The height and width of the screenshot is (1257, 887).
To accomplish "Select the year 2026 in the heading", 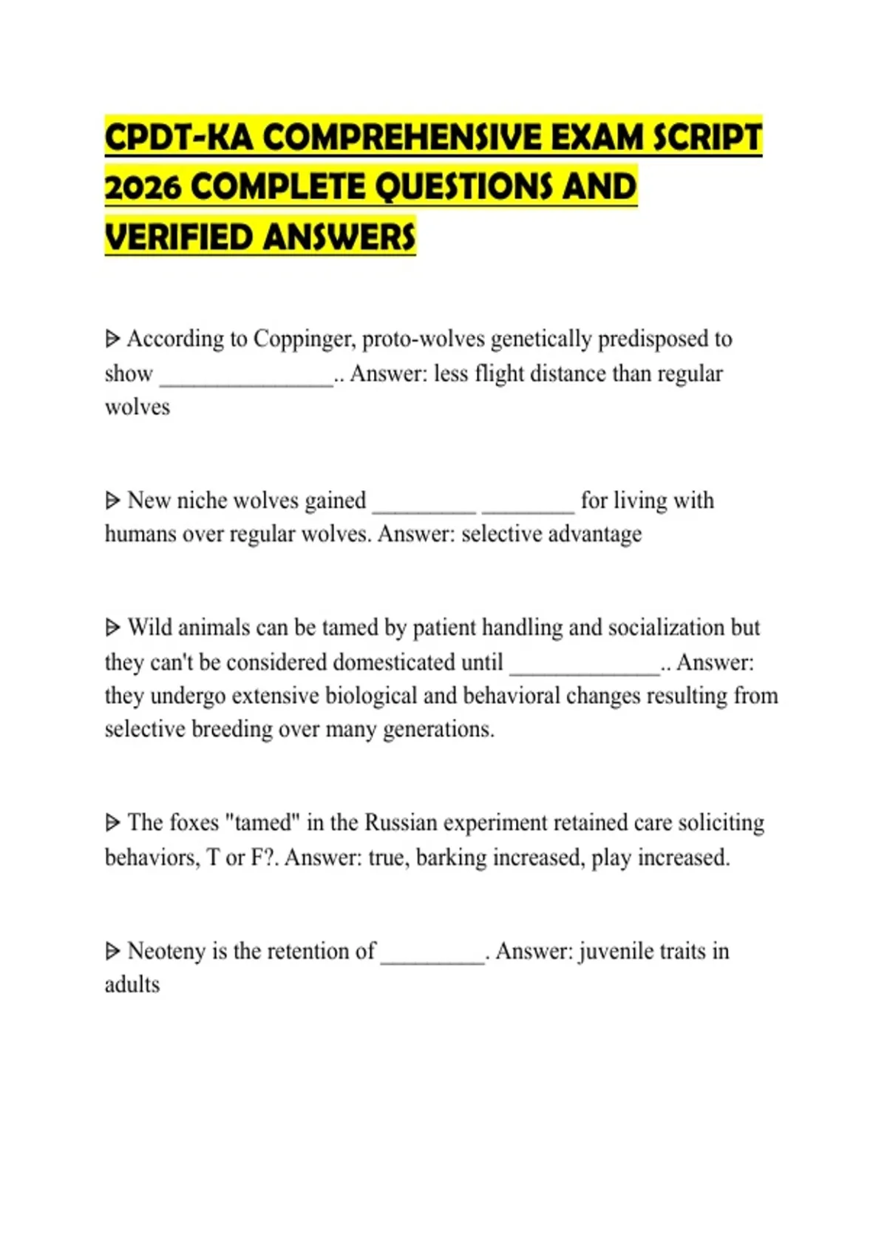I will point(143,187).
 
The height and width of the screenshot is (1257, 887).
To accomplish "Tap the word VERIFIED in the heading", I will point(178,237).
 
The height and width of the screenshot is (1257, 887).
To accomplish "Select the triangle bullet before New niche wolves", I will point(112,501).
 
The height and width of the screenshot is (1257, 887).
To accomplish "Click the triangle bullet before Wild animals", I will point(112,628).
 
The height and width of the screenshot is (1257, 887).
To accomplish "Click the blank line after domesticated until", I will point(584,670).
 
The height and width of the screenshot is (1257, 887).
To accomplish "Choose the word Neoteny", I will point(166,951).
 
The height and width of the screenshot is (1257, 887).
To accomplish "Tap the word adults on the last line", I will point(132,985).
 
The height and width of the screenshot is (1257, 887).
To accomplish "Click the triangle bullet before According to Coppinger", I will point(112,339).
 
